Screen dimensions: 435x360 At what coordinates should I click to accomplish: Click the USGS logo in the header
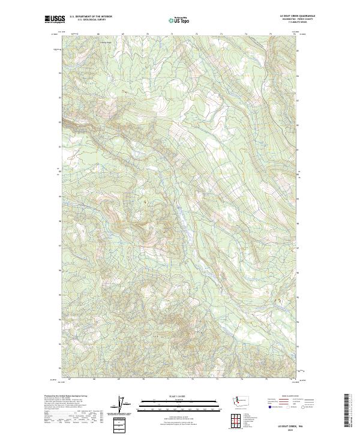(x=53, y=19)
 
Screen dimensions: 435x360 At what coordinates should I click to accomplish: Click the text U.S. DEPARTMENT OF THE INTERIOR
(x=91, y=17)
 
